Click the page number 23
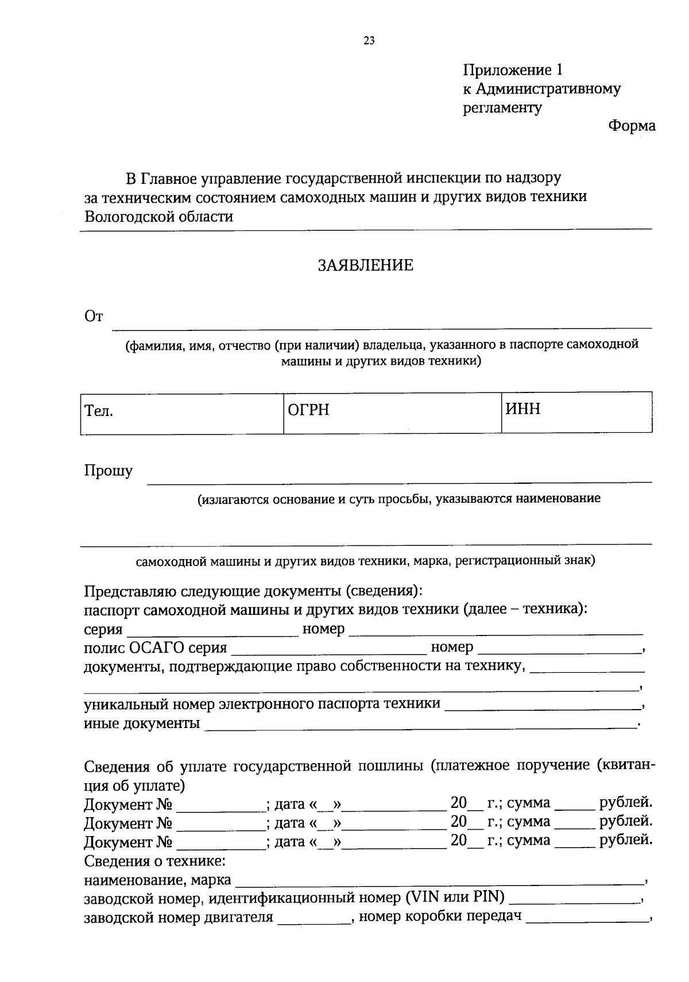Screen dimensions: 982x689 tap(369, 40)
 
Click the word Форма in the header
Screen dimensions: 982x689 tap(632, 126)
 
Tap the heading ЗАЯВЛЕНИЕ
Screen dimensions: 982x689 tap(366, 265)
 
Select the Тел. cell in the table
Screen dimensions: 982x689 tap(181, 413)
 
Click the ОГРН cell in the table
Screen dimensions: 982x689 tap(392, 413)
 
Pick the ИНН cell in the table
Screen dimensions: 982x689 tap(576, 411)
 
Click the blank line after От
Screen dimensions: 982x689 tap(381, 322)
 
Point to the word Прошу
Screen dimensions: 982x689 tap(109, 471)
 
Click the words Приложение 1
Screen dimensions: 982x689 tap(513, 70)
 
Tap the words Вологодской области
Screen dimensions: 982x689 tap(158, 217)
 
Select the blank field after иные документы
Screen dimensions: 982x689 tap(420, 724)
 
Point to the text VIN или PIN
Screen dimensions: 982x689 tap(453, 897)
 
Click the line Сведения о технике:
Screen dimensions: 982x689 tap(154, 861)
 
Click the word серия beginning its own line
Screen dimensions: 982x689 tap(103, 629)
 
